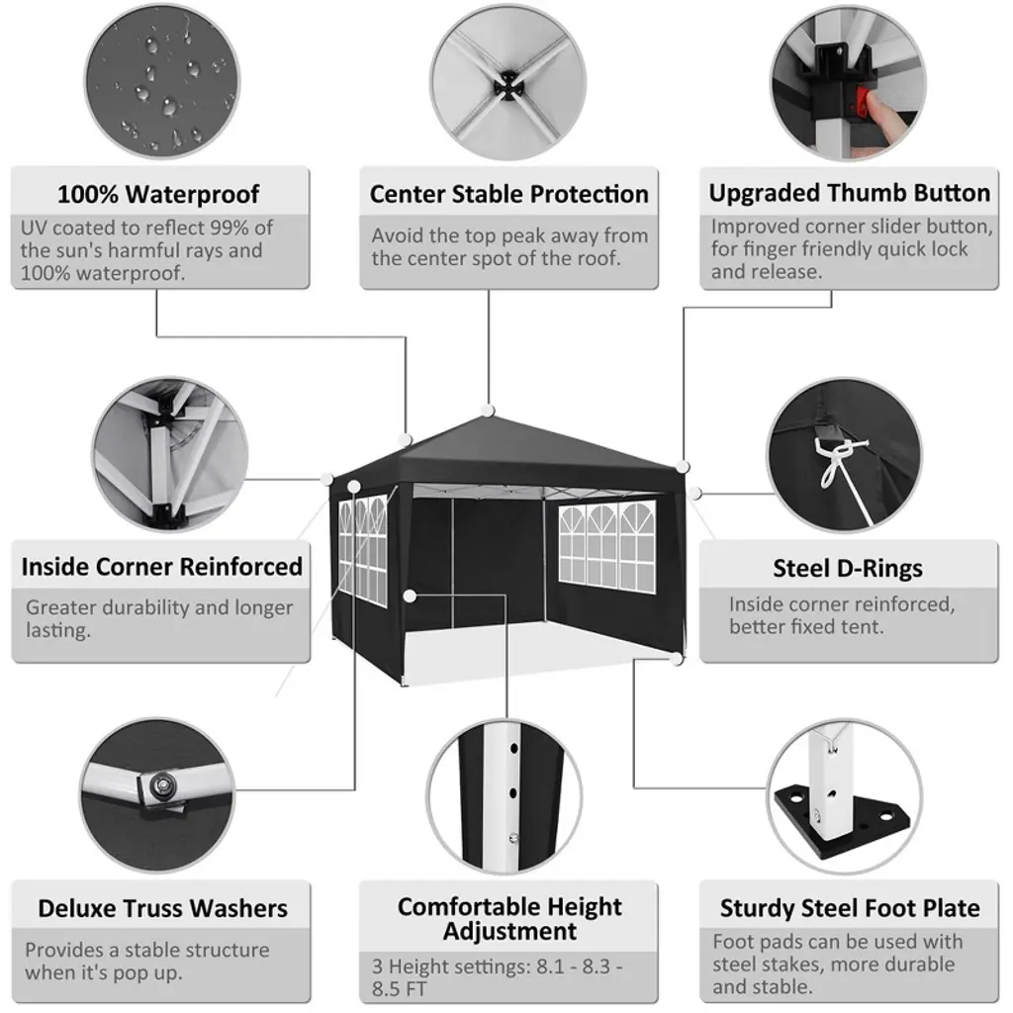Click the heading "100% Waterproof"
coord(158,194)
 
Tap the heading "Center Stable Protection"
coord(509,194)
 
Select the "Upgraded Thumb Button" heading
coord(850,193)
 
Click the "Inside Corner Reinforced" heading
coord(161,567)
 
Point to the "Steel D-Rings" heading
coord(848,569)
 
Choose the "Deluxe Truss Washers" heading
coord(163,908)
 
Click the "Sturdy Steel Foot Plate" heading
coord(850,908)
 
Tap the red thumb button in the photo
coord(863,102)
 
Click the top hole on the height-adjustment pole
coord(514,749)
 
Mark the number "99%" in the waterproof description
coord(230,228)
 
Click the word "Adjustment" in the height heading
coord(509,932)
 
